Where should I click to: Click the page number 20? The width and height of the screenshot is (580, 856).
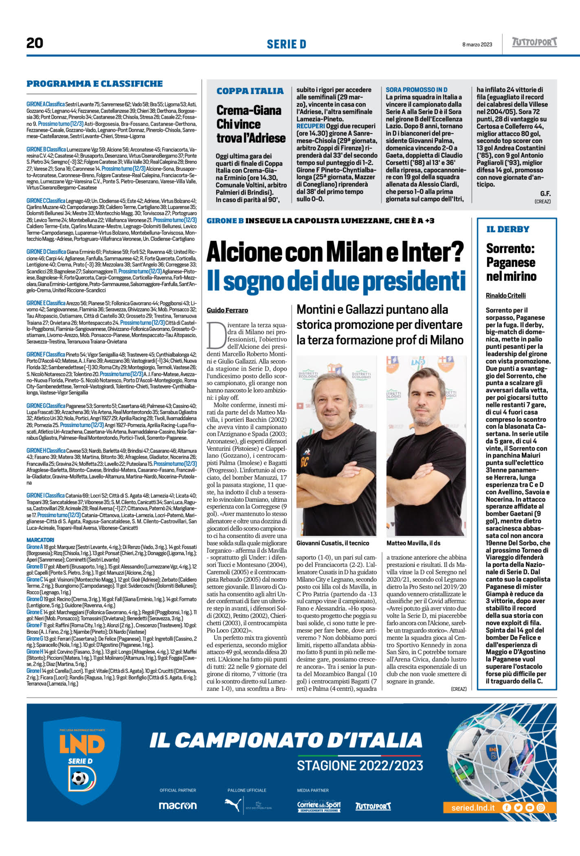[x=35, y=43]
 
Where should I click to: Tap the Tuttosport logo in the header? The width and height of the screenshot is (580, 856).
[x=534, y=42]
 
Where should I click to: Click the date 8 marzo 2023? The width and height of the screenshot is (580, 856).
[x=477, y=44]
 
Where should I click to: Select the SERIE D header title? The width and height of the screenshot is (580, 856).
[x=286, y=44]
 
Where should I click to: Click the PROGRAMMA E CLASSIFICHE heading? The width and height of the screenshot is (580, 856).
[x=94, y=84]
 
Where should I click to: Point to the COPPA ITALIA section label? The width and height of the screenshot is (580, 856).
[x=250, y=91]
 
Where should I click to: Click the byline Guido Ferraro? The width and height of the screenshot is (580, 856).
[x=227, y=310]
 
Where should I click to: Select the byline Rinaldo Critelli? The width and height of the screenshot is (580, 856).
[x=505, y=296]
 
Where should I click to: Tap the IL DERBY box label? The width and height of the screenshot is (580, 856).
[x=507, y=229]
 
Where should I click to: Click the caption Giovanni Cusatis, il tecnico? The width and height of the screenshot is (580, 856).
[x=333, y=543]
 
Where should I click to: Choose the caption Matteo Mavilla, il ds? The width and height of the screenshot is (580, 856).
[x=413, y=543]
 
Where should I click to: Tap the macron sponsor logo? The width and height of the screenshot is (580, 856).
[x=178, y=806]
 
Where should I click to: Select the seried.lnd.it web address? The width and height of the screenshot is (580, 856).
[x=473, y=807]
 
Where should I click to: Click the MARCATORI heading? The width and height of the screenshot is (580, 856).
[x=40, y=540]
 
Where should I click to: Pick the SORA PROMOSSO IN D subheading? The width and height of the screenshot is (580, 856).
[x=416, y=90]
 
